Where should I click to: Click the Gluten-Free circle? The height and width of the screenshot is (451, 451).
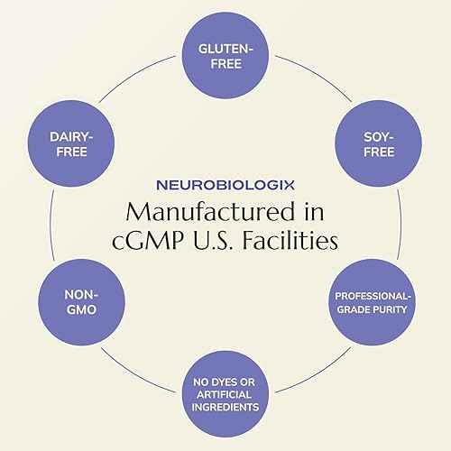(225, 52)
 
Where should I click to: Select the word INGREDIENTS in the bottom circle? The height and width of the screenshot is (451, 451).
(225, 406)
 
